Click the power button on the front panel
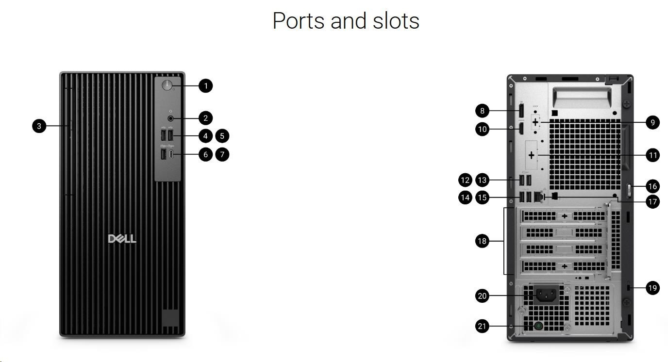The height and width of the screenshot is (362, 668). tap(167, 86)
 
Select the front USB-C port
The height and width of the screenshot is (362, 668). tap(171, 154)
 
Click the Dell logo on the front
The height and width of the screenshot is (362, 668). tap(122, 239)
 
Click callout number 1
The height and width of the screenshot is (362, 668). tap(205, 86)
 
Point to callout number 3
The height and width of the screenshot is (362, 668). tap(39, 126)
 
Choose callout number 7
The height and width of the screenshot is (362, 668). tap(222, 154)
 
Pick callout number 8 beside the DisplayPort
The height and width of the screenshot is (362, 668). tap(482, 111)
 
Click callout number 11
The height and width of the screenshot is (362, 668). tap(653, 155)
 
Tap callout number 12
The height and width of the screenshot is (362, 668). tap(465, 180)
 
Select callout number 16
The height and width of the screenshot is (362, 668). tap(653, 186)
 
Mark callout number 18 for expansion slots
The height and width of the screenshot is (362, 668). tap(482, 241)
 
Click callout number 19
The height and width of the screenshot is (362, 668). tap(653, 288)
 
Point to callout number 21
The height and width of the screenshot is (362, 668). tap(482, 326)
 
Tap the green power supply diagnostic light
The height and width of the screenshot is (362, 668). tap(538, 326)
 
